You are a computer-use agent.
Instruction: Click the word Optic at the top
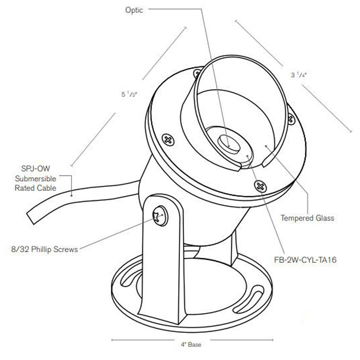click(x=134, y=10)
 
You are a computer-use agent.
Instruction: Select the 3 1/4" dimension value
click(x=298, y=75)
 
